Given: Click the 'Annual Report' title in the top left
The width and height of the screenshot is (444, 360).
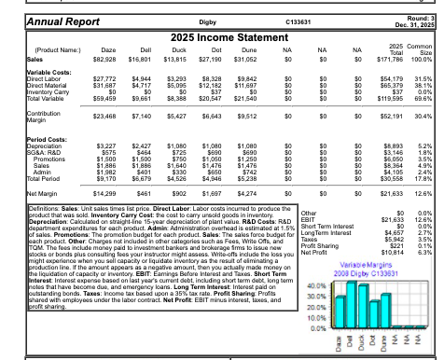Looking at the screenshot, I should click(42, 18).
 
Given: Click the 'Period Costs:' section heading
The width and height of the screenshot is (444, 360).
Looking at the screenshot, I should click(27, 138).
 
